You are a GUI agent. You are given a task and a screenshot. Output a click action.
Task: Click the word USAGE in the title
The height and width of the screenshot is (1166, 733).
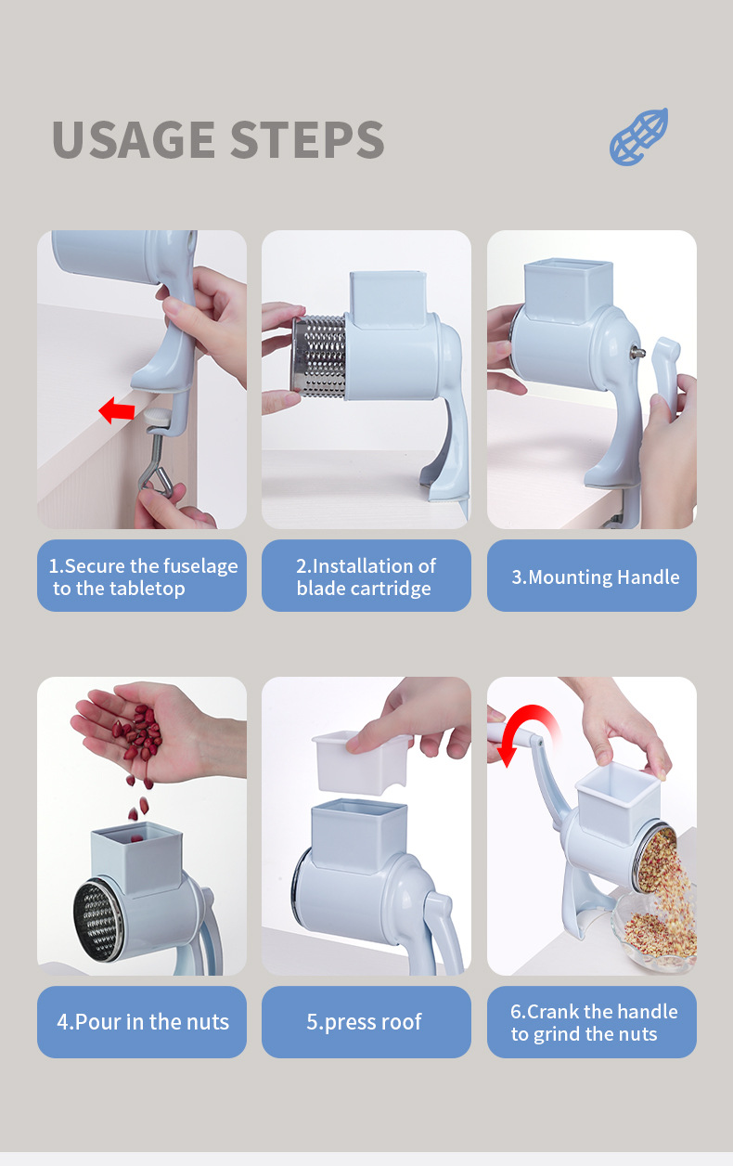(132, 139)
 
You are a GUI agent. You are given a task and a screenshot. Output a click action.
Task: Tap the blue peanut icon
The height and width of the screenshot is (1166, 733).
(638, 137)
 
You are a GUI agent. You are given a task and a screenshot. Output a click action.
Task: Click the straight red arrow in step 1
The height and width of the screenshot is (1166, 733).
(117, 409)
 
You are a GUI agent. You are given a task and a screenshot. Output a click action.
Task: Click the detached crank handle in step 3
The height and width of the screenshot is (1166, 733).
(665, 372)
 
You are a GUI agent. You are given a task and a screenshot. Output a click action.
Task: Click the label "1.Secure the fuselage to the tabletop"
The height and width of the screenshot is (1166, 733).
(142, 577)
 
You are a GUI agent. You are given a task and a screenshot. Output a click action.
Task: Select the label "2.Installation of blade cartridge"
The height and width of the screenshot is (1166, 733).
(366, 577)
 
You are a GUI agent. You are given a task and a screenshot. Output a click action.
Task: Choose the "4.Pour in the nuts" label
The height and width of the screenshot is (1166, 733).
(142, 1022)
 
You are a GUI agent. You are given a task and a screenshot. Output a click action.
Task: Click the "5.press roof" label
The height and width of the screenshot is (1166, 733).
(366, 1022)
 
